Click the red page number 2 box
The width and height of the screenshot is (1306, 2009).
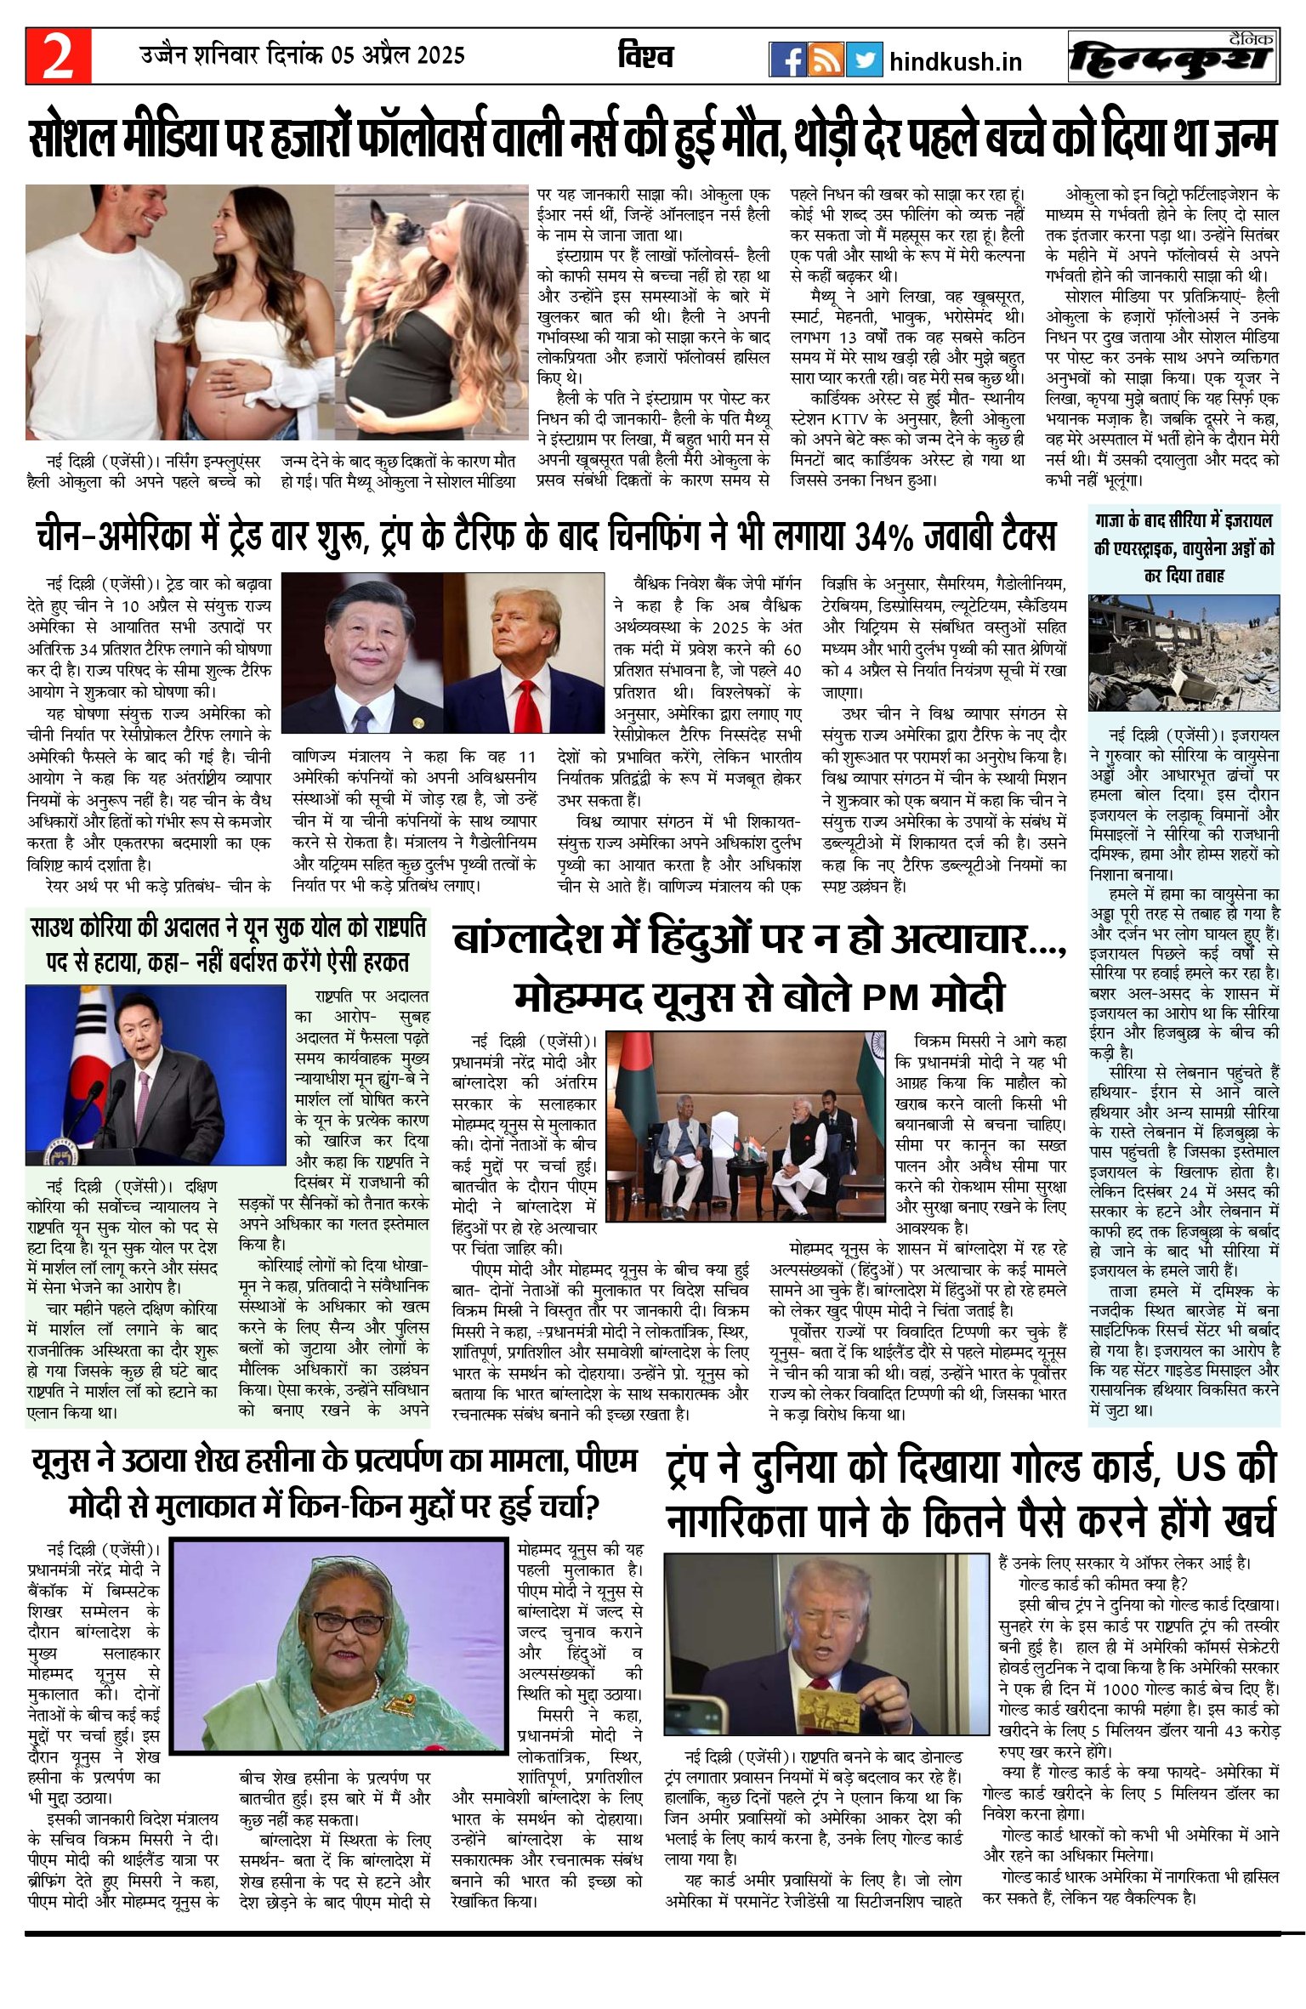tap(58, 57)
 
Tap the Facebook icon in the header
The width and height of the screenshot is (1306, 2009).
tap(787, 60)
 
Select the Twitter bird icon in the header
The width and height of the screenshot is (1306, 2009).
tap(863, 60)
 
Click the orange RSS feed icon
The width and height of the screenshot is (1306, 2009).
tap(826, 60)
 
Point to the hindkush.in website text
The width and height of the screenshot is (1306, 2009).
tap(955, 62)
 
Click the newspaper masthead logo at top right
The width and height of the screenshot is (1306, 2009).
tap(1173, 57)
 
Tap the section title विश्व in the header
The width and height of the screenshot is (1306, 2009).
tap(645, 57)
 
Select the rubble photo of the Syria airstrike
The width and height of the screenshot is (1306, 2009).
tap(1184, 652)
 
